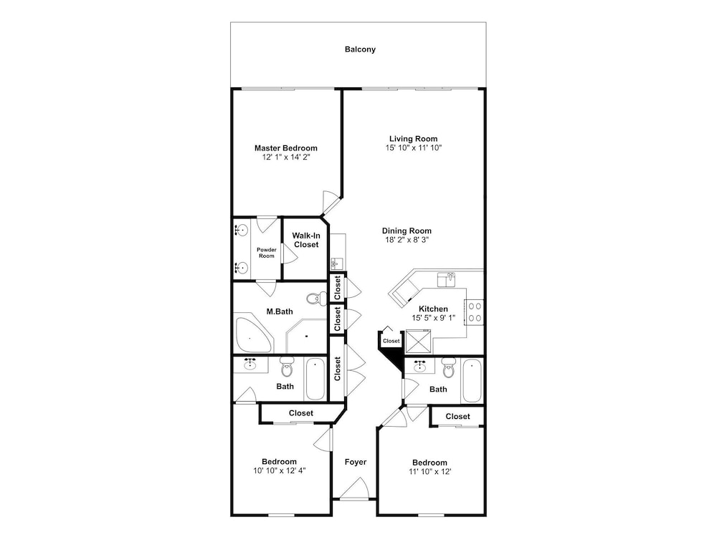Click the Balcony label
point(360,49)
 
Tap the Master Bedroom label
point(286,148)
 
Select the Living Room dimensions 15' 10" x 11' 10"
point(414,147)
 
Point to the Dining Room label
point(407,231)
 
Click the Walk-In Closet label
point(306,240)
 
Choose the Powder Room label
point(267,253)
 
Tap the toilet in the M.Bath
point(314,299)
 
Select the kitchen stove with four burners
point(474,312)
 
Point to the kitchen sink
point(446,279)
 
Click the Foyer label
point(356,462)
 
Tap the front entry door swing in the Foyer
point(354,488)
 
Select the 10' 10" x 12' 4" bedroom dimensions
point(280,471)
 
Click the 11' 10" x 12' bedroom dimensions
point(429,472)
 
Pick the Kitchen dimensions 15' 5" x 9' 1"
point(434,318)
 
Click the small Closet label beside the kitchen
point(391,341)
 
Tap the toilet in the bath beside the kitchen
point(448,367)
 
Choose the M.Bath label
point(280,311)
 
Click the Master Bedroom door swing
point(331,203)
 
